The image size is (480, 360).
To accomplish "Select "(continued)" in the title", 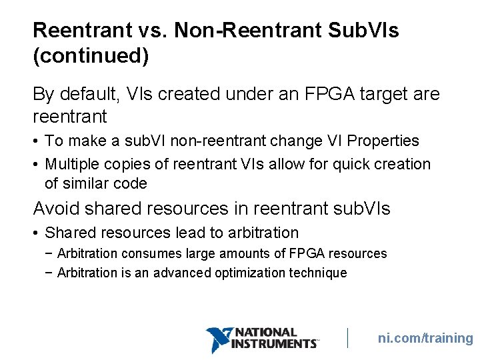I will tap(91, 56).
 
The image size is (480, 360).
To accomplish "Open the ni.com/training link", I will tap(425, 338).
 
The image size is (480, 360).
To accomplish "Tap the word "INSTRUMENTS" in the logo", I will tap(274, 343).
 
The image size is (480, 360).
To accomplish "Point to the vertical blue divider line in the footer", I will tap(348, 338).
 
